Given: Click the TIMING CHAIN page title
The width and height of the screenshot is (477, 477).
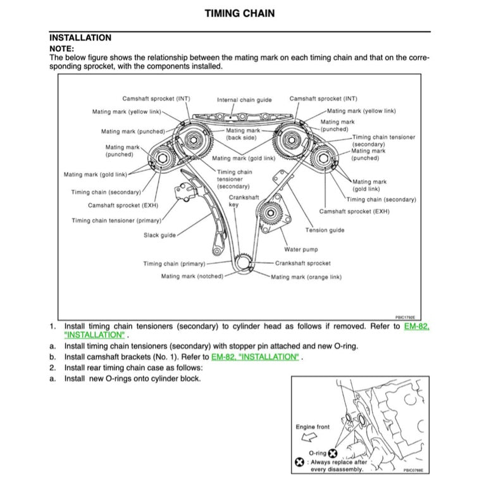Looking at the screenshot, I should pos(240,13).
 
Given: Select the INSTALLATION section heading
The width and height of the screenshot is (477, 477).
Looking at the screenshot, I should pos(80,38).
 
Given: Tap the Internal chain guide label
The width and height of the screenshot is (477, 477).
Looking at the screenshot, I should pos(244,100).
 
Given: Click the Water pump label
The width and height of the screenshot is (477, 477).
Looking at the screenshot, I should pos(301,249).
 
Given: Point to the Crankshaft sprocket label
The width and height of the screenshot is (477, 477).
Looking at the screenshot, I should pos(302,263).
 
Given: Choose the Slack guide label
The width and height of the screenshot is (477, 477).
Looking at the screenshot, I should pos(159,235).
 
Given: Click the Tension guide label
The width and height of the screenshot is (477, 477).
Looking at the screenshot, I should pos(325,230).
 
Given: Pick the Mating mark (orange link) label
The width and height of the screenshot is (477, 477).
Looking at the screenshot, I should pos(306,277).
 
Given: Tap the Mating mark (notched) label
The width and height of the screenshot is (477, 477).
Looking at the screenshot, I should pos(192,276).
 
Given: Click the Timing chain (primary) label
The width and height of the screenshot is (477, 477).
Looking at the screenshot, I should pos(174,264).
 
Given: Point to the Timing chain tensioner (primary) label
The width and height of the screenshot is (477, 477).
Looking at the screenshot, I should pos(116,221).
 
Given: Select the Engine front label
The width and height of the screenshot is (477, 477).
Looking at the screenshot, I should pos(313,427).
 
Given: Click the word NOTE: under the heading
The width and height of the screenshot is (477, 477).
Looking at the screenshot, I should pos(61,48).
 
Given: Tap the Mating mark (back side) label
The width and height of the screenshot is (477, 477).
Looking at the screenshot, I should pos(241,134).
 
